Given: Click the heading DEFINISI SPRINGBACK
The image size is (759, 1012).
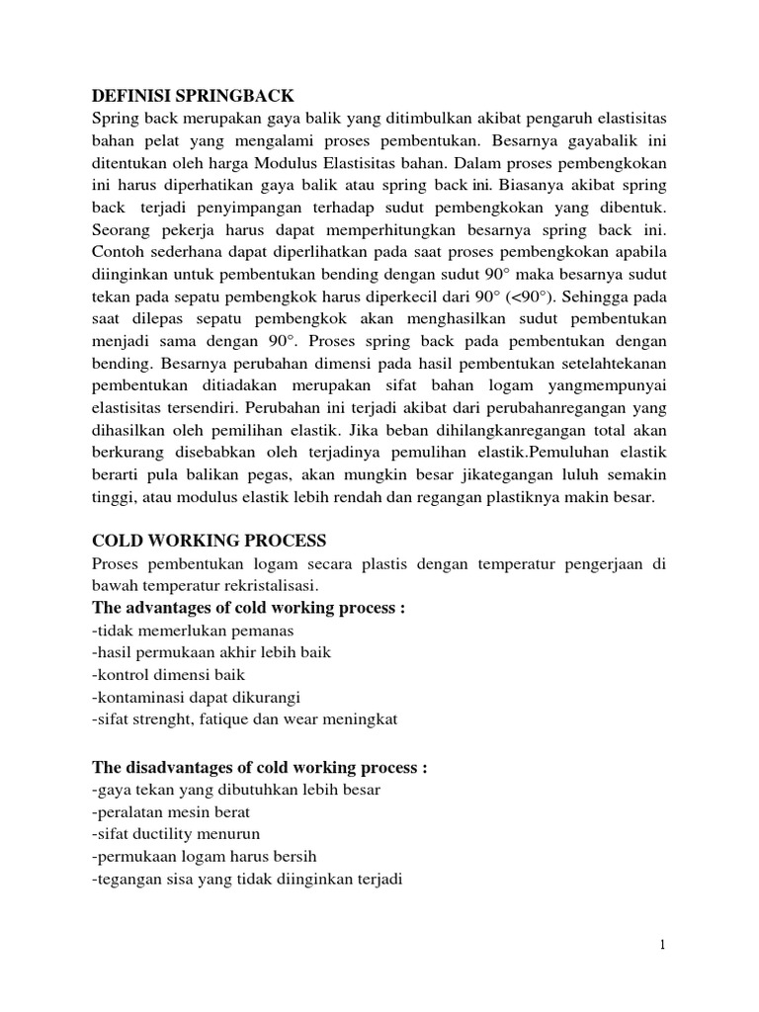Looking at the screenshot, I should pos(194,95).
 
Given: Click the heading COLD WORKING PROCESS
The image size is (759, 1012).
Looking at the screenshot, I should pos(209,541).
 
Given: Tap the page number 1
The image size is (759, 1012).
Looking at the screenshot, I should pos(664,946).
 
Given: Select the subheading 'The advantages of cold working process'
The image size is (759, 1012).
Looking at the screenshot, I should pos(249,608).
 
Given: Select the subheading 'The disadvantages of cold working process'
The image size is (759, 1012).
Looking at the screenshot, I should pos(260,767).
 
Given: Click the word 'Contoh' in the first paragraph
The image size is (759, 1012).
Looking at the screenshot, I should pos(117,253).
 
